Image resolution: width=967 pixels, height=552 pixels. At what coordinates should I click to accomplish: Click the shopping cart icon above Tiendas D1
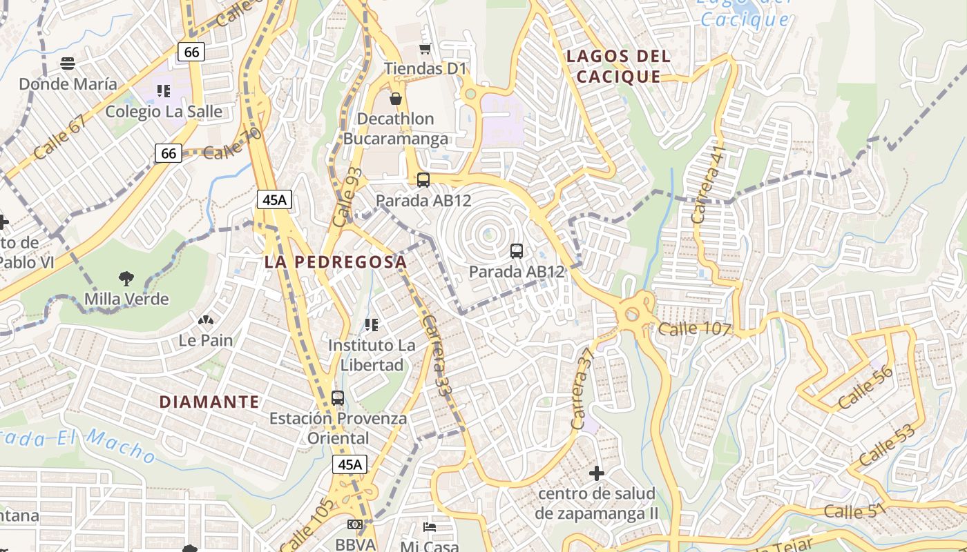[425, 48]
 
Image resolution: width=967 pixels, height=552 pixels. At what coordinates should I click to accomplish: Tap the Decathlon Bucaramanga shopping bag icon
[396, 99]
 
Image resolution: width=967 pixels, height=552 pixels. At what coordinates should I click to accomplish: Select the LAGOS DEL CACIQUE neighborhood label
[618, 66]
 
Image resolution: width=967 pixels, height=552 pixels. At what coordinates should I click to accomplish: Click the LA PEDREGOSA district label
[336, 262]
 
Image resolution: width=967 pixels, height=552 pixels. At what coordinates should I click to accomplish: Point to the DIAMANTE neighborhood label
[209, 402]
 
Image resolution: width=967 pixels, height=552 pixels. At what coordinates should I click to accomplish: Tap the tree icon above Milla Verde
[126, 279]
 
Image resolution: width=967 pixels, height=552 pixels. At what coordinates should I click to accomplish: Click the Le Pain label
[206, 340]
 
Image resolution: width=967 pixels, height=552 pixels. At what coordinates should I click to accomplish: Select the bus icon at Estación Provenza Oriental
[338, 397]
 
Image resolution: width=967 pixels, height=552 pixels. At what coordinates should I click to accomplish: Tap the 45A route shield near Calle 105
[350, 464]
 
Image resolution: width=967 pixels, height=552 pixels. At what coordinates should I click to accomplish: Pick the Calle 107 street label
[694, 328]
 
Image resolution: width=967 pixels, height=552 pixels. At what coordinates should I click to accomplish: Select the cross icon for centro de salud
[597, 473]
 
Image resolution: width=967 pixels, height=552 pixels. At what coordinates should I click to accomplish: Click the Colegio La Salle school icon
[164, 90]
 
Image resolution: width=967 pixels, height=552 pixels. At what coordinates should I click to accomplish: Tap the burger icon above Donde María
[68, 63]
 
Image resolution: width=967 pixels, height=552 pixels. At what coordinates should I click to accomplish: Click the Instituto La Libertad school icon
[372, 324]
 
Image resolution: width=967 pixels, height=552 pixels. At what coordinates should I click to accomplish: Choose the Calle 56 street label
[865, 388]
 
